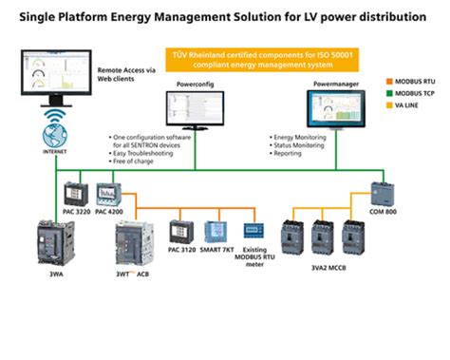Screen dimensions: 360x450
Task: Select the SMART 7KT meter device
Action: [x=219, y=234]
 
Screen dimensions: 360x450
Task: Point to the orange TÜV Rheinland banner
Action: [x=245, y=60]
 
